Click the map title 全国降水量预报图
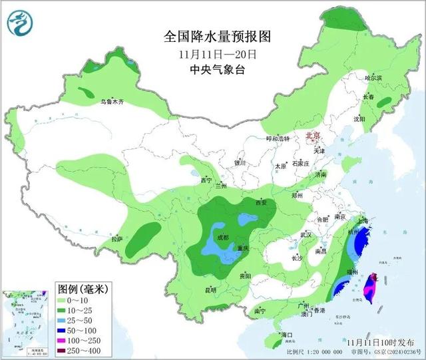(212, 35)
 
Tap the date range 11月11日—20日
(212, 53)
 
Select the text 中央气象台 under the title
(212, 69)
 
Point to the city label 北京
(312, 136)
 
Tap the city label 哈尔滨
(373, 78)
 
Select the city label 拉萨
(117, 239)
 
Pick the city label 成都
(222, 238)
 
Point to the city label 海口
(288, 333)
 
